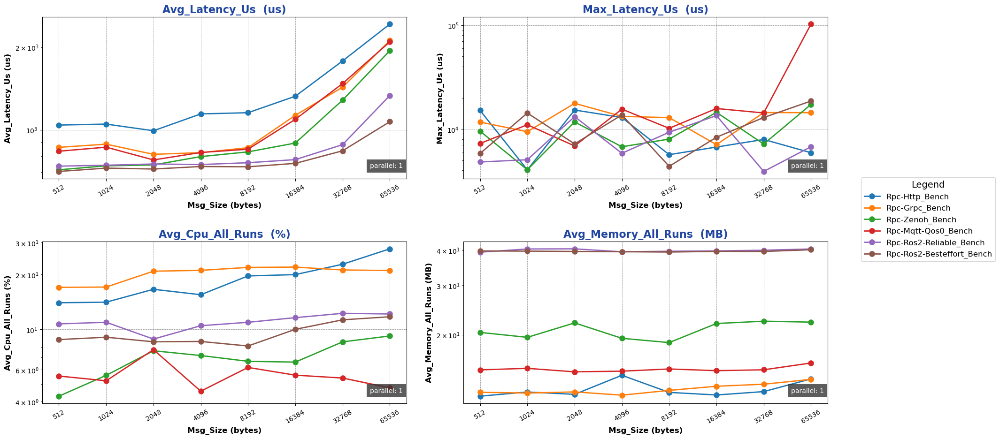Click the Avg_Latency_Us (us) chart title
(x=224, y=9)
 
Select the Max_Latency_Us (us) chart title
(x=645, y=9)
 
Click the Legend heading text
(x=928, y=185)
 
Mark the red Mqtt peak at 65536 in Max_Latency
(x=811, y=24)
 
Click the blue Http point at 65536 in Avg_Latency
(x=390, y=24)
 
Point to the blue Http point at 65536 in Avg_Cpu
(x=390, y=249)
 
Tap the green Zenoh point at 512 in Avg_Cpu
(x=59, y=396)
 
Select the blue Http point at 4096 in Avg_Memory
(x=622, y=375)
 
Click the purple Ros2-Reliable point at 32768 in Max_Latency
(x=764, y=172)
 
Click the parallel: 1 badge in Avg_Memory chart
(x=807, y=391)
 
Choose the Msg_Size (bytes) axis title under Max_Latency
(x=645, y=205)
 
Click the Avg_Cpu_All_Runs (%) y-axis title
(x=8, y=323)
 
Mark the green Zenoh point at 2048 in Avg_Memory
(x=575, y=323)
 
